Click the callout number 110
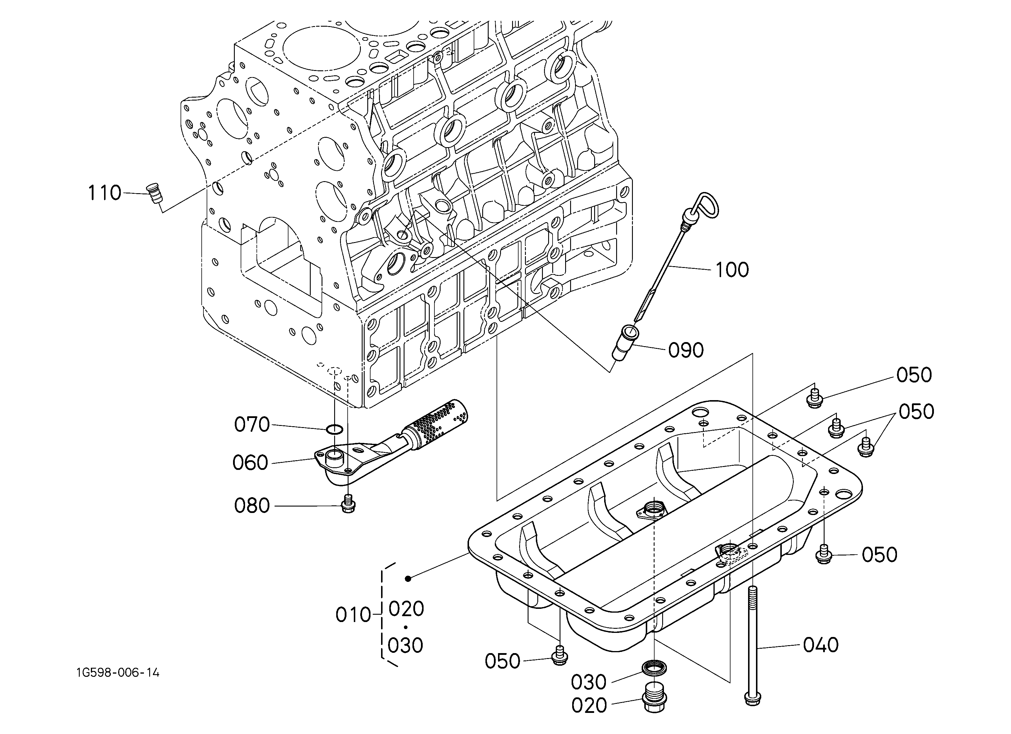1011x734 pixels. pyautogui.click(x=104, y=193)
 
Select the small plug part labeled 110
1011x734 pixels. pyautogui.click(x=155, y=194)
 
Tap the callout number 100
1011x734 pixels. pyautogui.click(x=732, y=270)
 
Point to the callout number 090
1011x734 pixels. pyautogui.click(x=686, y=350)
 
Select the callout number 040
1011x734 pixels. pyautogui.click(x=821, y=645)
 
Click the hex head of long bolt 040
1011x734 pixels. pyautogui.click(x=752, y=699)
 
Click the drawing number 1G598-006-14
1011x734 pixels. pyautogui.click(x=118, y=672)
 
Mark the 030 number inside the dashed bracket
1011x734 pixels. pyautogui.click(x=405, y=645)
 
